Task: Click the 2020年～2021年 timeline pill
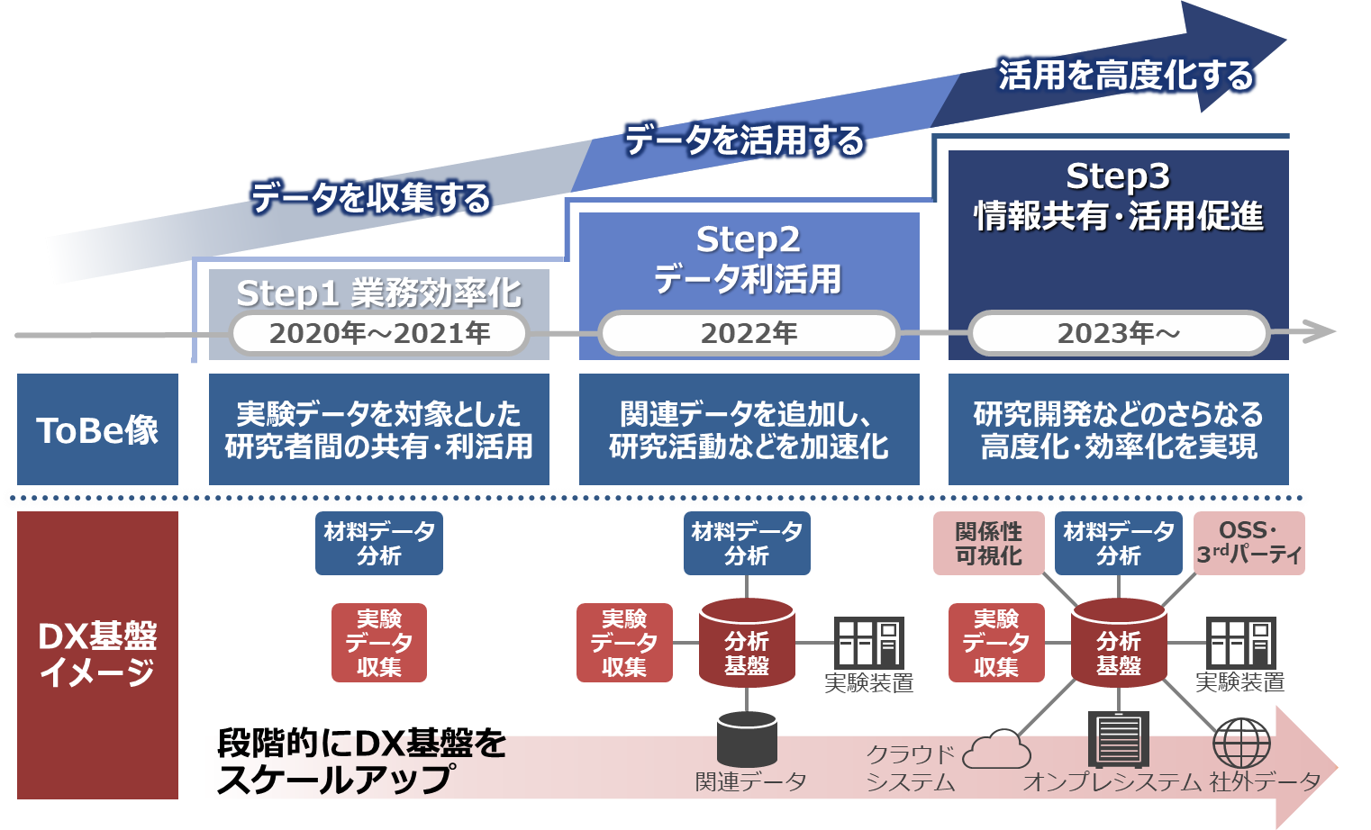pyautogui.click(x=379, y=333)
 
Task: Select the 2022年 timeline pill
pyautogui.click(x=749, y=333)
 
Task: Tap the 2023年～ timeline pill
pyautogui.click(x=1118, y=333)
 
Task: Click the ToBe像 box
pyautogui.click(x=97, y=429)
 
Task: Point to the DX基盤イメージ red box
pyautogui.click(x=97, y=654)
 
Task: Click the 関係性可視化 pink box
pyautogui.click(x=988, y=544)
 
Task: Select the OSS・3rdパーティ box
pyautogui.click(x=1248, y=544)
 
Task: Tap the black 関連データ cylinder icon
pyautogui.click(x=747, y=739)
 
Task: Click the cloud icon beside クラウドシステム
pyautogui.click(x=996, y=749)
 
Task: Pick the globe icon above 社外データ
pyautogui.click(x=1241, y=743)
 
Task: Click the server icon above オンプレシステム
pyautogui.click(x=1119, y=739)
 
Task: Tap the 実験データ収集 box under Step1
pyautogui.click(x=379, y=643)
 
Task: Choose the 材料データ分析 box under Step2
pyautogui.click(x=747, y=544)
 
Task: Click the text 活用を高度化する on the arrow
pyautogui.click(x=1125, y=76)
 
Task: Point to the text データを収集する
pyautogui.click(x=370, y=197)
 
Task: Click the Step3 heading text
pyautogui.click(x=1118, y=176)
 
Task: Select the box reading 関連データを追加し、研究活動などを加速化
pyautogui.click(x=749, y=429)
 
